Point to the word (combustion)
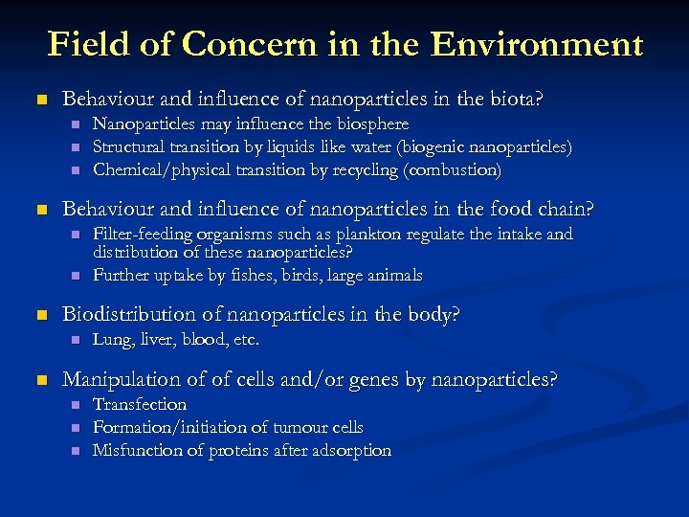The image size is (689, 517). pos(453,170)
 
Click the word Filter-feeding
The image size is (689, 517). pos(140,234)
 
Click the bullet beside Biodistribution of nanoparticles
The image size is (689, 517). pos(39,315)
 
